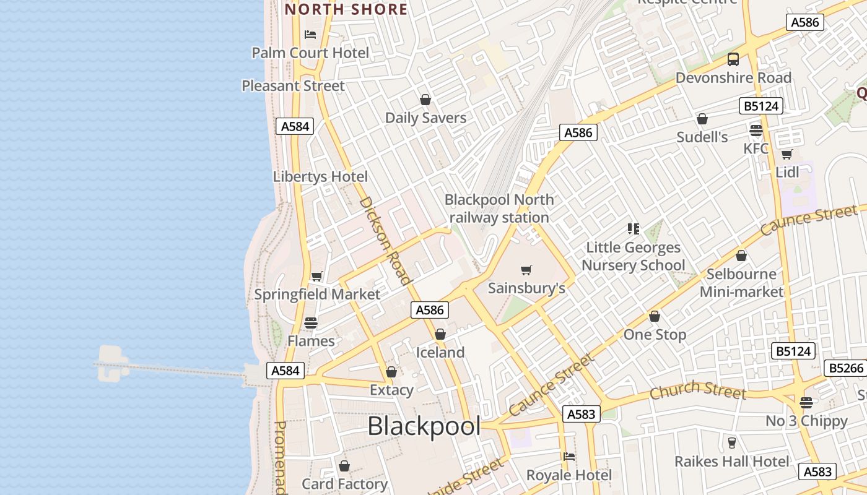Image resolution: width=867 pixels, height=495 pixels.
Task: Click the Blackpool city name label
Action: click(x=424, y=426)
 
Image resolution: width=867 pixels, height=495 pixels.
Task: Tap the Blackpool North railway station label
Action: click(x=499, y=209)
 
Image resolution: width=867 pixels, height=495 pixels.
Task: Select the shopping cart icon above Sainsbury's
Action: click(x=526, y=270)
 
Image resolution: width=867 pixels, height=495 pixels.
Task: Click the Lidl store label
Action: click(x=787, y=172)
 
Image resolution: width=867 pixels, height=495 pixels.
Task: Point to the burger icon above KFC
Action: click(x=756, y=131)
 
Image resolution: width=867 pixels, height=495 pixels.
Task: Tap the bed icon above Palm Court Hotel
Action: click(x=310, y=35)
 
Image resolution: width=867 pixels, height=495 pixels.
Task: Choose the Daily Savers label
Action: click(x=425, y=118)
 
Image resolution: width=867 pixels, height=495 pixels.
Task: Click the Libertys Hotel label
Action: click(x=320, y=176)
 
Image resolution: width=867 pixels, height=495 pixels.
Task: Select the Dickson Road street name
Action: click(x=385, y=241)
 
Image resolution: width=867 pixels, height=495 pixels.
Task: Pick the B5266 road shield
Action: click(x=846, y=368)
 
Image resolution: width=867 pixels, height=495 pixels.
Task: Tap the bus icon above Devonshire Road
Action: click(x=733, y=59)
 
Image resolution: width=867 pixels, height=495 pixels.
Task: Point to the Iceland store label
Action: click(x=440, y=352)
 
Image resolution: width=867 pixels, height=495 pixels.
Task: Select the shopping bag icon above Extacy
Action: click(x=391, y=372)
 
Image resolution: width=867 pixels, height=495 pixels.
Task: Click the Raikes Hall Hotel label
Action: click(x=731, y=461)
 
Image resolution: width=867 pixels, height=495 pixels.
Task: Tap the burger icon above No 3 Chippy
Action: click(x=806, y=403)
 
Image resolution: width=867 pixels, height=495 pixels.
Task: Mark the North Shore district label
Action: click(x=346, y=9)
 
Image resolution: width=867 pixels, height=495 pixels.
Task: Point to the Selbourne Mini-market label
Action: click(x=741, y=282)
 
